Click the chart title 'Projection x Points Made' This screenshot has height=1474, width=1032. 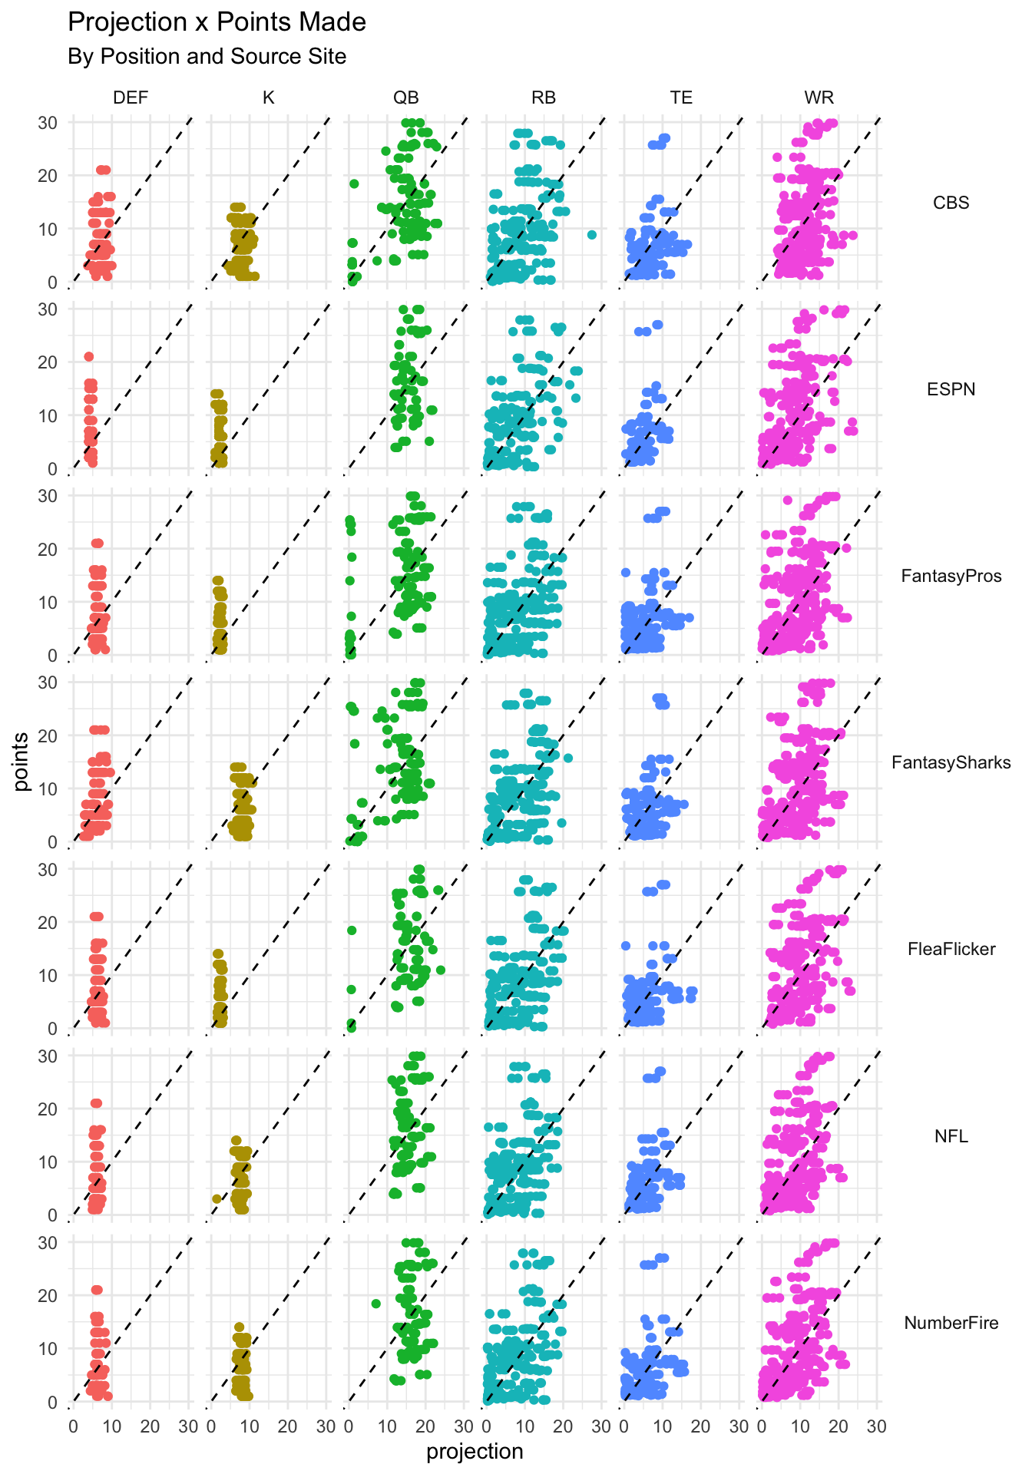tap(217, 22)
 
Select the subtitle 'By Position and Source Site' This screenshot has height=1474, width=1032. tap(207, 57)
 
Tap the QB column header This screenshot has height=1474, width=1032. tap(406, 97)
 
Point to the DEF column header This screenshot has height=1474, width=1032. tap(131, 97)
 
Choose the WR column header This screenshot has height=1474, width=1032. tap(819, 97)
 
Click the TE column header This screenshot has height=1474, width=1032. tap(681, 97)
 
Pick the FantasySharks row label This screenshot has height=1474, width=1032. tap(951, 762)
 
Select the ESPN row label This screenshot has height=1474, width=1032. tap(951, 389)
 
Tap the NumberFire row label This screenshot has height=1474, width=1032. tap(951, 1323)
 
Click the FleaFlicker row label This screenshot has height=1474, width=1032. tap(951, 949)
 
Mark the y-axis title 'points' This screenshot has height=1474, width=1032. tap(21, 762)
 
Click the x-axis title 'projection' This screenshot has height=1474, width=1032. tap(475, 1452)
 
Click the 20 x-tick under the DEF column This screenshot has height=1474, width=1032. tap(150, 1426)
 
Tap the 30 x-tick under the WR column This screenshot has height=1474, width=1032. tap(876, 1426)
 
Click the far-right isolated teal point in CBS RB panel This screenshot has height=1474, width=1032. tap(591, 235)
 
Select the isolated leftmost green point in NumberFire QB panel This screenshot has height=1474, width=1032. tap(375, 1304)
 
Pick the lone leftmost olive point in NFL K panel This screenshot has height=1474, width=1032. tap(217, 1198)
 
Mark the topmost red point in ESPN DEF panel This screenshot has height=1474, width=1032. tap(88, 356)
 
